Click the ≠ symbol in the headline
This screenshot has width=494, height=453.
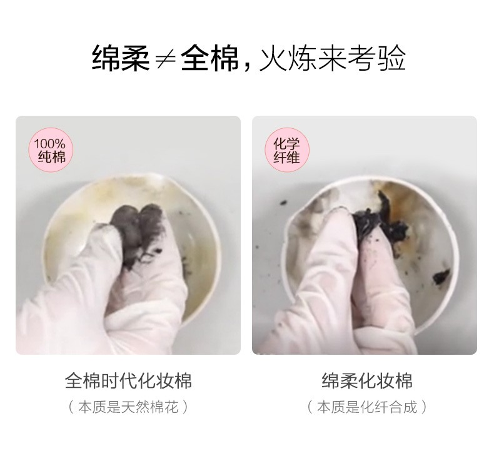pyautogui.click(x=166, y=59)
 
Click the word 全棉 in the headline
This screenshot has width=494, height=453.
pyautogui.click(x=210, y=58)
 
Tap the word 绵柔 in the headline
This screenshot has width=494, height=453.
pyautogui.click(x=121, y=58)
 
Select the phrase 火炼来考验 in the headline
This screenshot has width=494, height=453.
pyautogui.click(x=333, y=58)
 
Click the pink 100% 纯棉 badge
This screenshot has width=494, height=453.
pyautogui.click(x=51, y=150)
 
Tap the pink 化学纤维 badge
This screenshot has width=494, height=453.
pyautogui.click(x=286, y=150)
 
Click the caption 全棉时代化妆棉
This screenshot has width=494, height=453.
pyautogui.click(x=128, y=380)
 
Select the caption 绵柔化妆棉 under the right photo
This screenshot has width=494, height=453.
pyautogui.click(x=366, y=380)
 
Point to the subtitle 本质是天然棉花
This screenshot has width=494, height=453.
pyautogui.click(x=128, y=407)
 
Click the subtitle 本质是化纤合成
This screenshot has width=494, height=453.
pyautogui.click(x=366, y=407)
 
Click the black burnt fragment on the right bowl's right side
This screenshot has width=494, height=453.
pyautogui.click(x=441, y=276)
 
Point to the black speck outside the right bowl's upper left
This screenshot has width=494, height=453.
pyautogui.click(x=283, y=202)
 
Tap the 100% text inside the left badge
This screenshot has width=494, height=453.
pyautogui.click(x=50, y=144)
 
